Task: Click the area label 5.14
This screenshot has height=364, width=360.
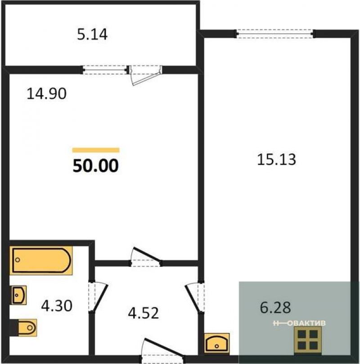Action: pyautogui.click(x=92, y=35)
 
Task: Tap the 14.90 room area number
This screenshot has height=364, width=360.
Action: pyautogui.click(x=46, y=94)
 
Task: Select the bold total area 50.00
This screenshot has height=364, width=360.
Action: pyautogui.click(x=95, y=166)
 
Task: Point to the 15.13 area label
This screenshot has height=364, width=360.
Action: pyautogui.click(x=276, y=160)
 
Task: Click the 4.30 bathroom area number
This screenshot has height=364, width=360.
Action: pyautogui.click(x=57, y=306)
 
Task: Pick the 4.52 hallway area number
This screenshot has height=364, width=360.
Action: pyautogui.click(x=144, y=313)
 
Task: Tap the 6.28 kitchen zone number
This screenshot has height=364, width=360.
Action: pyautogui.click(x=275, y=307)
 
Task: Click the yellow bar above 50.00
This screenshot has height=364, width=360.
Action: pyautogui.click(x=96, y=150)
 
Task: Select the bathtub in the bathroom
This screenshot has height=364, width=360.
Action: pyautogui.click(x=41, y=260)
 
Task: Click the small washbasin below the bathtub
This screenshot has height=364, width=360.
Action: pyautogui.click(x=19, y=295)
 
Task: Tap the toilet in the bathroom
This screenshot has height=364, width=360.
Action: pyautogui.click(x=23, y=328)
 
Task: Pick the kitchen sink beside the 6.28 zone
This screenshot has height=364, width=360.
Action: pyautogui.click(x=217, y=343)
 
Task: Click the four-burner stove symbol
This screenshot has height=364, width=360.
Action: pyautogui.click(x=308, y=340)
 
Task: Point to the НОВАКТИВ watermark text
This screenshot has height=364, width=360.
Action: pyautogui.click(x=299, y=323)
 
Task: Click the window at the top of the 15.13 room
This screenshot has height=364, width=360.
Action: pyautogui.click(x=275, y=34)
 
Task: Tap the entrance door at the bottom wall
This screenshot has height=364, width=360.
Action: pyautogui.click(x=163, y=351)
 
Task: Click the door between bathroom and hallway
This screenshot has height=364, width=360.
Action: pyautogui.click(x=98, y=297)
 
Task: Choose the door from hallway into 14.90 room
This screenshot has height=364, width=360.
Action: pyautogui.click(x=146, y=257)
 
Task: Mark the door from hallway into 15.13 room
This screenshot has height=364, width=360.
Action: pyautogui.click(x=195, y=297)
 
